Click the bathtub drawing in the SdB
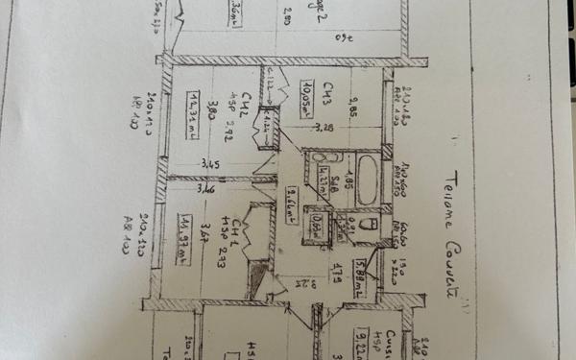coord(368,178)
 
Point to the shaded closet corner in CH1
coord(255,278)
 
